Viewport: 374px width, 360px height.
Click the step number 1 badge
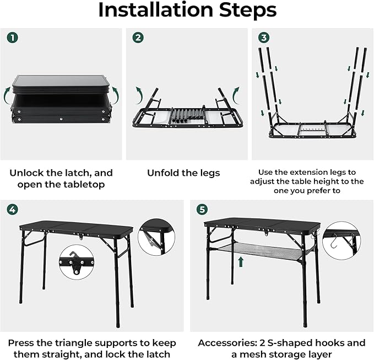[x=12, y=38]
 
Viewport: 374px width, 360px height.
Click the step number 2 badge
[x=138, y=38]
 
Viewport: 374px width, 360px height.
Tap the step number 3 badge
[x=264, y=38]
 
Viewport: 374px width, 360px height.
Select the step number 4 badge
[x=12, y=209]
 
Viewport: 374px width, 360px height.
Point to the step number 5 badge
[x=202, y=209]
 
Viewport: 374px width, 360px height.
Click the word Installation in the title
[x=155, y=10]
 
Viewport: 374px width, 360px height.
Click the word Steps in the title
[x=247, y=10]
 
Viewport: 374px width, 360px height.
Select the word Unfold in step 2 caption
[x=164, y=173]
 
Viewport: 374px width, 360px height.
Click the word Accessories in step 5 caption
[x=229, y=342]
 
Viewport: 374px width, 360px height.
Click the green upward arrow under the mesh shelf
[x=241, y=261]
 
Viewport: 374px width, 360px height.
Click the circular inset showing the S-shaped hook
[x=341, y=240]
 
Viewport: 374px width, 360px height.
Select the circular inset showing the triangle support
[x=156, y=236]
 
